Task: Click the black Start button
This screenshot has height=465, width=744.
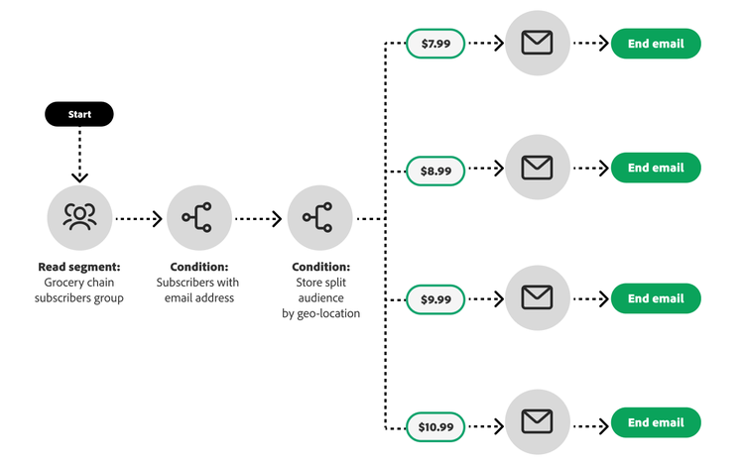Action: click(79, 114)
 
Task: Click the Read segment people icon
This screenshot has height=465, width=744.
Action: click(79, 218)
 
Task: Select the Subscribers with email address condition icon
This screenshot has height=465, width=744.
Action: click(199, 218)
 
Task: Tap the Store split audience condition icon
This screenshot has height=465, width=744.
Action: click(319, 218)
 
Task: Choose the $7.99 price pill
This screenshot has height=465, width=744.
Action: click(435, 44)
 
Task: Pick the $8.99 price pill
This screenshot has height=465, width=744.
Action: click(435, 171)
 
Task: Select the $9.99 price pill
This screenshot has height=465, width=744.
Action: click(435, 298)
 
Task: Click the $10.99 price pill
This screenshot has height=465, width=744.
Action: click(435, 426)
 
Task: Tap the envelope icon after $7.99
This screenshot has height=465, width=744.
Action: click(537, 43)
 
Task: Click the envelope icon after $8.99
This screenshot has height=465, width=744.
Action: click(537, 168)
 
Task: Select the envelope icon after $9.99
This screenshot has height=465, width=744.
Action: click(537, 297)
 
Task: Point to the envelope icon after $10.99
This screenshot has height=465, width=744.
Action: click(537, 422)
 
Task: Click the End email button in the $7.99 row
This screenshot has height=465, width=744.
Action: click(656, 44)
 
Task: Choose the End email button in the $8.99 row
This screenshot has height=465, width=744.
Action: click(656, 168)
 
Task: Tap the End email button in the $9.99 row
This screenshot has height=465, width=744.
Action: click(656, 298)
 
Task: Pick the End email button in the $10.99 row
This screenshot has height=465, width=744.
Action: click(656, 422)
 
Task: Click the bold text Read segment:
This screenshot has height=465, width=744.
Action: click(78, 267)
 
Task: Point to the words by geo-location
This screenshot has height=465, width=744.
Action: click(320, 313)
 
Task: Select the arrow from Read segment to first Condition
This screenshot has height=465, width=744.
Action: click(139, 218)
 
